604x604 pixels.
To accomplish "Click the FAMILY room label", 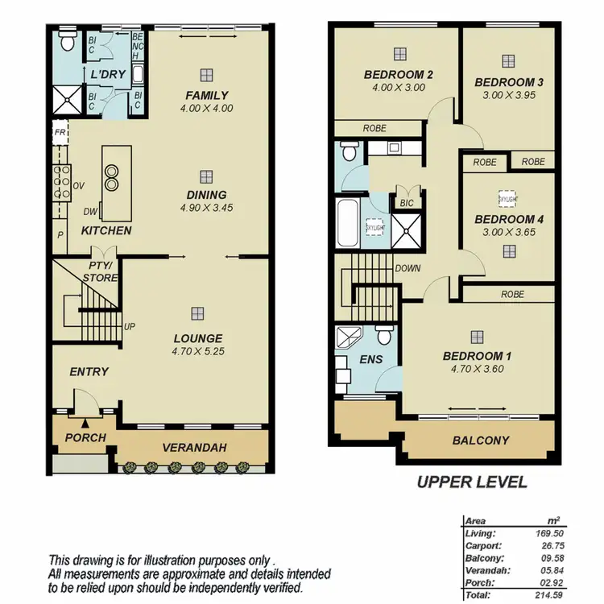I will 207,95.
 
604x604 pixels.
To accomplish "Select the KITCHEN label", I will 106,230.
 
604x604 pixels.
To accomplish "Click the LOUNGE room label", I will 197,338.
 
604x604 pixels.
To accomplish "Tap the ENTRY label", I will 89,371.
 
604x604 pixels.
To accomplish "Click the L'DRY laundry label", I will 105,74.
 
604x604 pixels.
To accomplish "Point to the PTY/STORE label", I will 102,271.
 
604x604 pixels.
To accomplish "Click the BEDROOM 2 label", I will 399,76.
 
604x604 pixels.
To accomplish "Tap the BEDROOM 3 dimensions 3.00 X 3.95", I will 508,94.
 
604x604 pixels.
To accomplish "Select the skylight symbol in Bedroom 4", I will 507,198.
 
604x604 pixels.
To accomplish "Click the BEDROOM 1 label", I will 477,356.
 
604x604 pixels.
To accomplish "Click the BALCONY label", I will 482,441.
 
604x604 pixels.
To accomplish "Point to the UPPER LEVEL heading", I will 471,482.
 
